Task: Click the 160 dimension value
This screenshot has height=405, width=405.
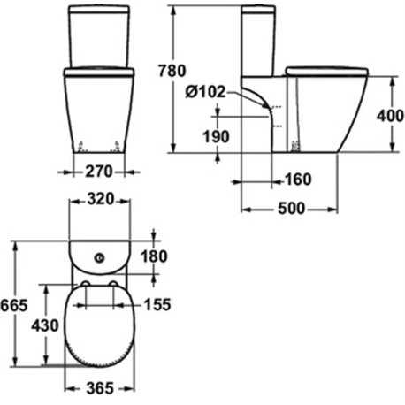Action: [299, 180]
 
